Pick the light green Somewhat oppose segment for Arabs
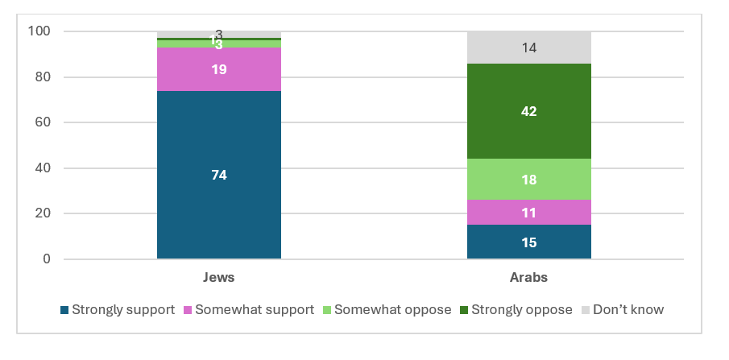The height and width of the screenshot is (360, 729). coord(529,179)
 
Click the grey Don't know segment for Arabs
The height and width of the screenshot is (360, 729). coord(529,48)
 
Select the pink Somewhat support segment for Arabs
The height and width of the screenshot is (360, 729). coord(529,212)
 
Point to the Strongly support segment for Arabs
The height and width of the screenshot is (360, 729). coord(529,242)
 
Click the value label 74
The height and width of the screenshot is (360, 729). coord(218,175)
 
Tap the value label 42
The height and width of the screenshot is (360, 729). coord(529,111)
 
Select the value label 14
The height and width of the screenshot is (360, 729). coord(529,48)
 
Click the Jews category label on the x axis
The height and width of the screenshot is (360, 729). coord(218,277)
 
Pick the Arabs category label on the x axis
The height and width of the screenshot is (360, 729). coord(529,277)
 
